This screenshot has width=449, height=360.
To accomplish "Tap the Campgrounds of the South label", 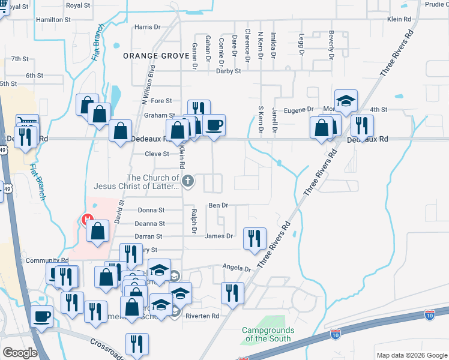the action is (268, 334).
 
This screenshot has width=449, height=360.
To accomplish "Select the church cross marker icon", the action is (187, 181).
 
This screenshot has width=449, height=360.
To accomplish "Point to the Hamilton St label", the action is (53, 19).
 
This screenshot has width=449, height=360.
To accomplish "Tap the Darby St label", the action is (228, 71).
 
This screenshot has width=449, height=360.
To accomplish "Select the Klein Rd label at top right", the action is (399, 19).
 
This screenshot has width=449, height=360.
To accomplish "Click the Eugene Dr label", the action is (298, 110).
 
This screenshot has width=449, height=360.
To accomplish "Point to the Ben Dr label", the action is (218, 205).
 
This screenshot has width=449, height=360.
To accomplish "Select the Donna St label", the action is (151, 210).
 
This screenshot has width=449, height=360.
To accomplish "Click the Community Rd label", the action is (47, 261).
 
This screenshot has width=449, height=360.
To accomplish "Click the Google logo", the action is (20, 352).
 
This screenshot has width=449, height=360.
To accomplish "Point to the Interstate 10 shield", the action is (429, 314).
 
